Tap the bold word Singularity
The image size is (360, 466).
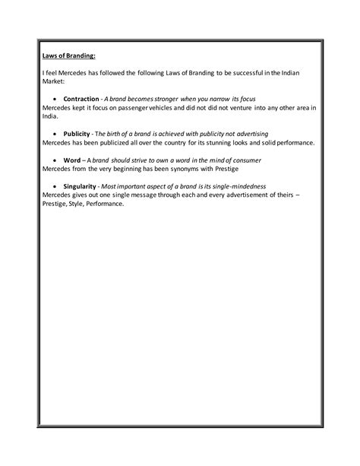pyautogui.click(x=81, y=186)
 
